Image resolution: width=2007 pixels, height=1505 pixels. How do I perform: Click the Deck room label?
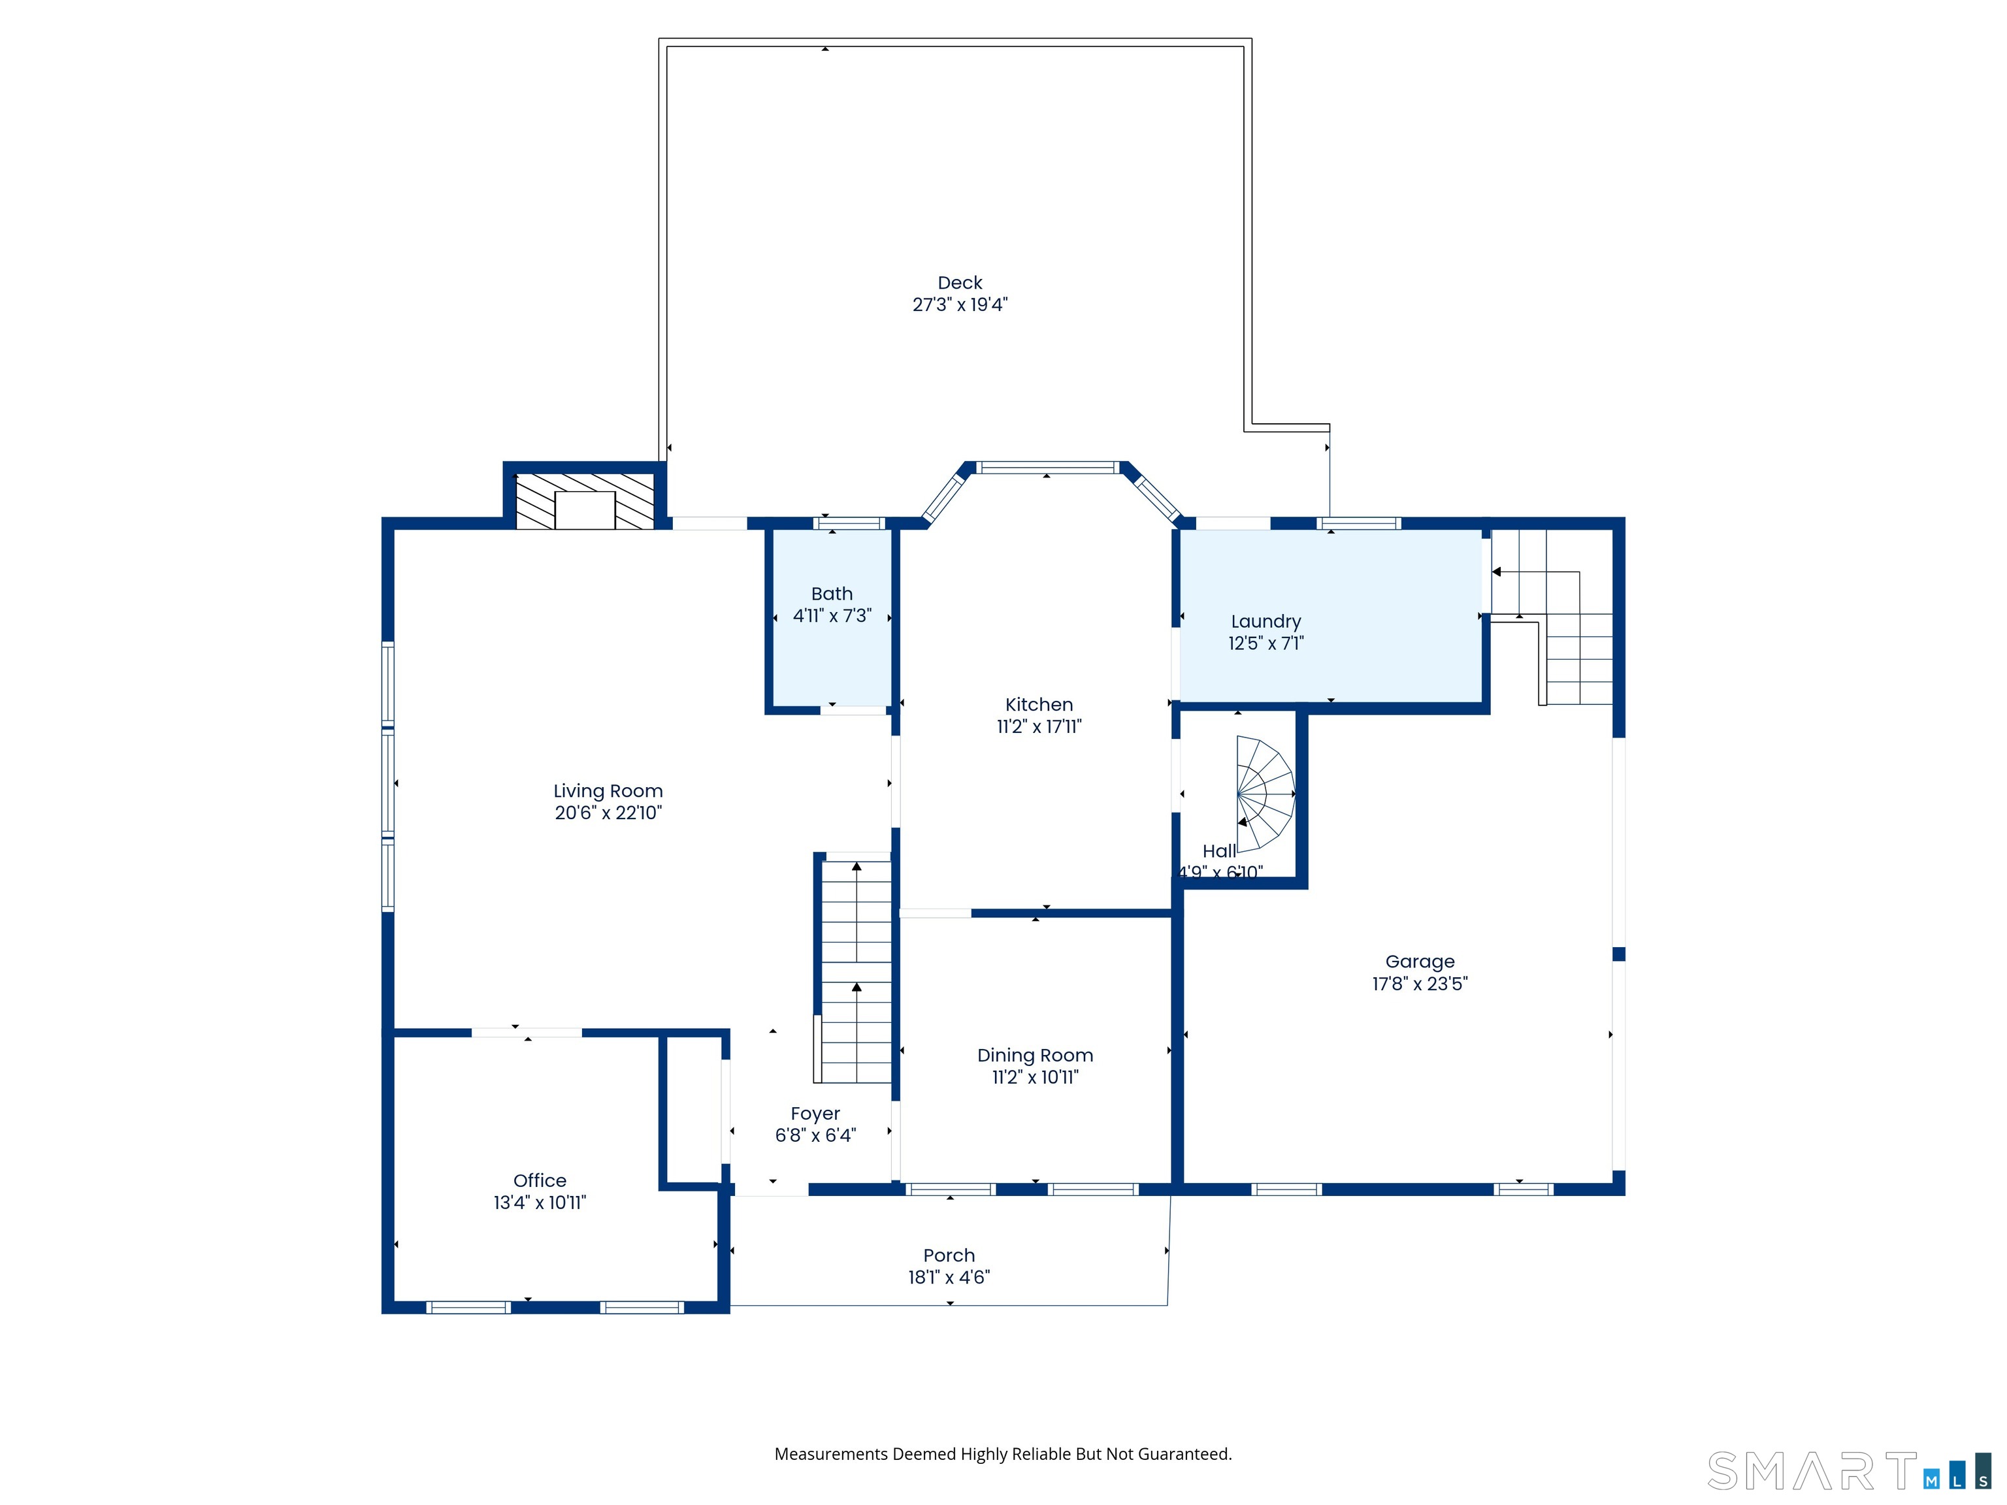(960, 283)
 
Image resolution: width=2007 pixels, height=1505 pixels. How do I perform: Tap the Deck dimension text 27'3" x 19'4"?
(960, 305)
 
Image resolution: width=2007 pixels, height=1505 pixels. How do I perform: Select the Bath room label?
(832, 594)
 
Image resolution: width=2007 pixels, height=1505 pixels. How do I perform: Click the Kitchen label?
(1039, 705)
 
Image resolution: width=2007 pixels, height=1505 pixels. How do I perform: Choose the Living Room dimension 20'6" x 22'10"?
(608, 813)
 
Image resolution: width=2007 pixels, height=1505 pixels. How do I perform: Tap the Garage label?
(1420, 962)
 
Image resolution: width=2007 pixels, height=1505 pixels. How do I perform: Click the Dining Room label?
(1036, 1056)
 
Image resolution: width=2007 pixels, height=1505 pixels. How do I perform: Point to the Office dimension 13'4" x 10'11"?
(540, 1203)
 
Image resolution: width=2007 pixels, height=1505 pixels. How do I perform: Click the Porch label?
(949, 1255)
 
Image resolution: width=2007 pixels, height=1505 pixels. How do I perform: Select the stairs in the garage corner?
(1552, 617)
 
